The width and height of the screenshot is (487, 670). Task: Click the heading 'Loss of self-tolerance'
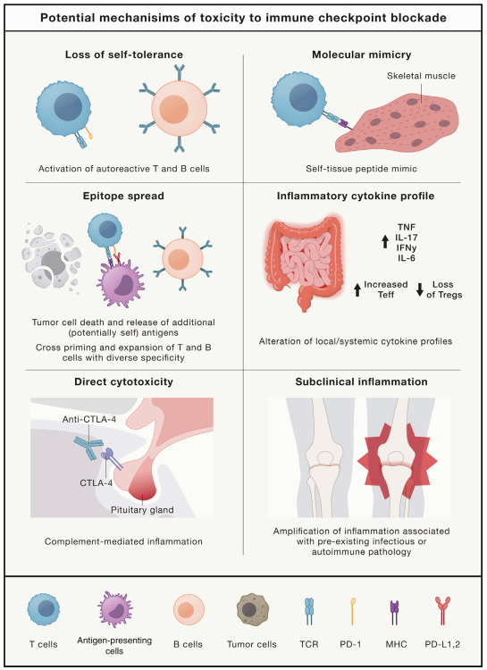pos(124,54)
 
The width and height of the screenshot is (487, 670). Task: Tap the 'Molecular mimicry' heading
pos(361,54)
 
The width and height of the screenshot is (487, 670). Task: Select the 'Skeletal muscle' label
pos(421,76)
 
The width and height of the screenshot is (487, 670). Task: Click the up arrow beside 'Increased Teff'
pos(357,289)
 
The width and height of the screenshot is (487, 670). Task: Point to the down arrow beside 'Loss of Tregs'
pos(420,289)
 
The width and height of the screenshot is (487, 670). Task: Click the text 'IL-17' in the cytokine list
pos(407,238)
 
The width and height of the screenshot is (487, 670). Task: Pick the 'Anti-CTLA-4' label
pos(89,419)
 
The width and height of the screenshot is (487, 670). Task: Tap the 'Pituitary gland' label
pos(142,510)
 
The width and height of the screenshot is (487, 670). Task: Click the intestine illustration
pos(304,262)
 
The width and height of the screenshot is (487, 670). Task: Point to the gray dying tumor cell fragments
pos(51,258)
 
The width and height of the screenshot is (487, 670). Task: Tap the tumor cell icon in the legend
pos(252,609)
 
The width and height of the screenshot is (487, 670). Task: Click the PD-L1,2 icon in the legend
pos(442,611)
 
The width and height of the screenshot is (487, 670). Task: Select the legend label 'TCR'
pos(308,644)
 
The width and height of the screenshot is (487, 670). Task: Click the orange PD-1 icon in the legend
pos(352,611)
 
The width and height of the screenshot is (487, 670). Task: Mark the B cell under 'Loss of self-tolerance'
pos(179,108)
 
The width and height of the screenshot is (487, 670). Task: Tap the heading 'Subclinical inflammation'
pos(361,381)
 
